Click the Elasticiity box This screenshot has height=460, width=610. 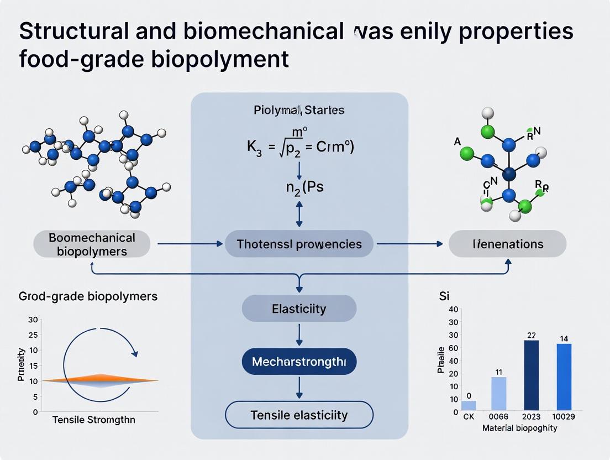point(299,309)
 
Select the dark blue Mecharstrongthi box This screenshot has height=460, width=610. point(299,363)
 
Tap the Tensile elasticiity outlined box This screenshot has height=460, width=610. point(299,415)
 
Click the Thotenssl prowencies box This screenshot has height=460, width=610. point(299,244)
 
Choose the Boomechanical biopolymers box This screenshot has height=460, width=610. point(92,244)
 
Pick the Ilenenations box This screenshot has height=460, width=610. point(507,244)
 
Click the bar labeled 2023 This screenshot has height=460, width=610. point(531,375)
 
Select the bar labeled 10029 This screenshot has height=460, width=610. point(564,377)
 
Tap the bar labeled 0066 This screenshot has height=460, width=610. point(498,393)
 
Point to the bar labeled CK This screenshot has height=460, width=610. point(468,405)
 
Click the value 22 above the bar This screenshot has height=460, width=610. point(532,335)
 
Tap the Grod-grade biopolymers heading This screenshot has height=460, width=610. point(88,296)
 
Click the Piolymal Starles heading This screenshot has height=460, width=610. point(299,110)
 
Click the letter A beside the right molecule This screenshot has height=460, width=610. point(457,142)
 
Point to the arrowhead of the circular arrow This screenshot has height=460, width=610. point(134,353)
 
